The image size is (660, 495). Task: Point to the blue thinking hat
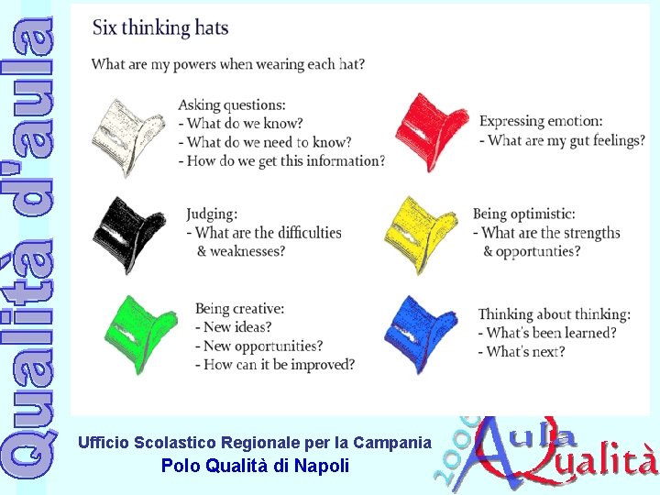[420, 332]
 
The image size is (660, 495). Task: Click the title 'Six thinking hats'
[160, 27]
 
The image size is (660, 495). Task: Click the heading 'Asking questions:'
[232, 104]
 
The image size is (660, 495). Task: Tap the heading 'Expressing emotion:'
[541, 121]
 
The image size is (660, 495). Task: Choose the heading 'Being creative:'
[239, 309]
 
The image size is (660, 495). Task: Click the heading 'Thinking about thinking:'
[555, 314]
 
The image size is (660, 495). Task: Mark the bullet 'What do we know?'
[244, 124]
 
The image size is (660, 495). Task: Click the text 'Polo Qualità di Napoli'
[255, 466]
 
